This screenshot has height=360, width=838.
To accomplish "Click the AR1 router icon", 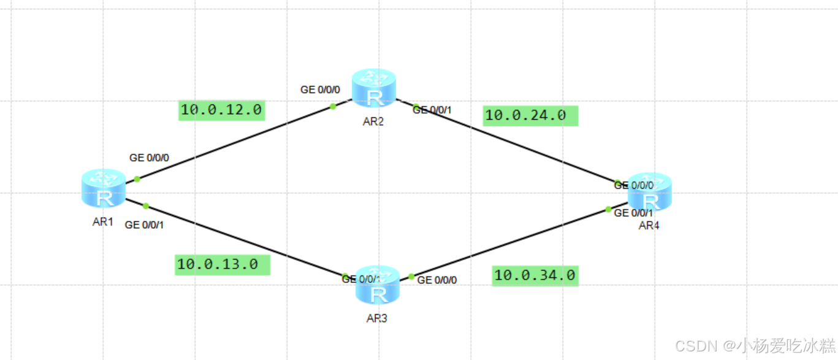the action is tap(104, 188).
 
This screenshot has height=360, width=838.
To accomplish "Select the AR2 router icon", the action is tap(374, 88).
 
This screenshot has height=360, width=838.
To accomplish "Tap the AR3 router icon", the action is tap(378, 285).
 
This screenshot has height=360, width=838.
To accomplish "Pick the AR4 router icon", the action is tap(650, 192).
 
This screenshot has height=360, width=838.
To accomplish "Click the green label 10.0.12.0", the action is tap(221, 110).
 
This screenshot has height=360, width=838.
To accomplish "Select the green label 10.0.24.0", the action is tap(530, 115).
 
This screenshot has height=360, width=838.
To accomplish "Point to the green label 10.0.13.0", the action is tap(222, 265).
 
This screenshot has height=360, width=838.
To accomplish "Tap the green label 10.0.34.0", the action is tap(535, 275).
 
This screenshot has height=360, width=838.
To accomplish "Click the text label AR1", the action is tap(103, 222).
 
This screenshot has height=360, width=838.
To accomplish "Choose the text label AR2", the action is tap(373, 121).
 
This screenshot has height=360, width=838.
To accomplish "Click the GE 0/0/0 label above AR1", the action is tap(149, 158).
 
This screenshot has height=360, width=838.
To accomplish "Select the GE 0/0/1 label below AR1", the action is tap(145, 224).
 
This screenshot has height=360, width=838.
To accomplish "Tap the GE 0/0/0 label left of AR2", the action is tap(320, 90).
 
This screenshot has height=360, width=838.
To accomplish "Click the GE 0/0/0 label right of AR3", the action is tap(436, 280).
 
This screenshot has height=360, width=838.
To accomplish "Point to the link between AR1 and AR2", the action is tap(233, 143).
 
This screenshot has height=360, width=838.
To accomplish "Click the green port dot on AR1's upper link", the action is tap(137, 179).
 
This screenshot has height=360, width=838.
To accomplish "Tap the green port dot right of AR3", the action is tap(411, 277).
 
